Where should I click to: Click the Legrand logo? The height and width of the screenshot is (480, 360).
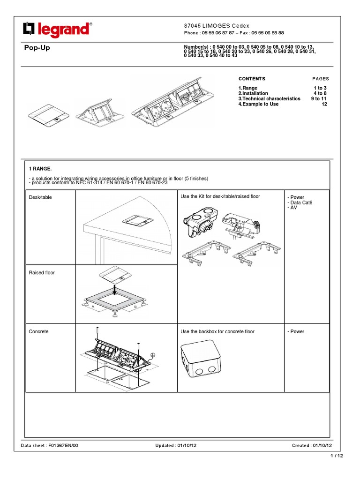pyautogui.click(x=57, y=29)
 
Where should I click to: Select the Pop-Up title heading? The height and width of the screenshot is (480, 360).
pyautogui.click(x=37, y=48)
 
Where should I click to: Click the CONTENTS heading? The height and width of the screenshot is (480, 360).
pyautogui.click(x=252, y=79)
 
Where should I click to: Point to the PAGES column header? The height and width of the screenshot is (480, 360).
pyautogui.click(x=321, y=79)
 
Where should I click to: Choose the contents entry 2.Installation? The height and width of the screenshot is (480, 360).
pyautogui.click(x=253, y=93)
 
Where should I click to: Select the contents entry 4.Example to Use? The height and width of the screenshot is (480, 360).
pyautogui.click(x=258, y=104)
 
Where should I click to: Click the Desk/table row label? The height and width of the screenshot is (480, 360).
pyautogui.click(x=40, y=197)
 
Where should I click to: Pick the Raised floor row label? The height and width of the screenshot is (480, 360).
pyautogui.click(x=42, y=272)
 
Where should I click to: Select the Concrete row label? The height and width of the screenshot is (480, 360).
pyautogui.click(x=38, y=331)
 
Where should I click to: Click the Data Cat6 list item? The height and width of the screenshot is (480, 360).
pyautogui.click(x=300, y=202)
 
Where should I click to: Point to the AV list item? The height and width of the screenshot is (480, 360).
pyautogui.click(x=294, y=208)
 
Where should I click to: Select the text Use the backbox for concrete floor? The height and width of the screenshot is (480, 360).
pyautogui.click(x=217, y=331)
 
